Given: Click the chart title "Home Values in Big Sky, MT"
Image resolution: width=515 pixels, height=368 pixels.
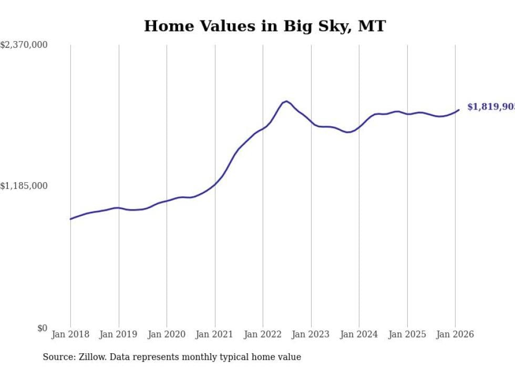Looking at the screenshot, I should pos(264,26).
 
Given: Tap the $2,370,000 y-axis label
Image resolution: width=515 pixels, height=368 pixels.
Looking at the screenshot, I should pos(24,45).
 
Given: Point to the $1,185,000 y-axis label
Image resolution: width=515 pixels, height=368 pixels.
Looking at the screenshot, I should pos(24,186).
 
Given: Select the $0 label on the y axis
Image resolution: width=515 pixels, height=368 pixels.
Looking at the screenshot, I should pos(42,328).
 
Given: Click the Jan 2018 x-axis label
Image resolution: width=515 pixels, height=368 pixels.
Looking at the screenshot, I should pos(70,335).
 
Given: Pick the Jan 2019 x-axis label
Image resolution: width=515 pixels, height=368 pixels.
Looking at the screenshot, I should pos(118,335).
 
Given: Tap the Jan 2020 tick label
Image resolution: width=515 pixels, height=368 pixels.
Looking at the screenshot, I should pos(167,335).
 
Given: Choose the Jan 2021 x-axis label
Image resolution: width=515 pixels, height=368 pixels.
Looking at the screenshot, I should pos(214,335).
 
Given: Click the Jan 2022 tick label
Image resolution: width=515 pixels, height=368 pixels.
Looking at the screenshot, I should pos(263,335).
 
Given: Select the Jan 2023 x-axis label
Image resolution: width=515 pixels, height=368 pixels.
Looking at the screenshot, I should pos(311,335).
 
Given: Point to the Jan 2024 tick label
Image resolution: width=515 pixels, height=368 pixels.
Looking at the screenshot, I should pos(359,335).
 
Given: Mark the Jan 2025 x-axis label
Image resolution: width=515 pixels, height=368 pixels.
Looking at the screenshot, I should pos(407,335).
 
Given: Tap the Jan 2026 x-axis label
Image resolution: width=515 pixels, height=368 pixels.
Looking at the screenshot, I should pos(455,335).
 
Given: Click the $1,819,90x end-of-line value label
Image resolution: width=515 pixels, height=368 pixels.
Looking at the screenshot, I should pos(491,107).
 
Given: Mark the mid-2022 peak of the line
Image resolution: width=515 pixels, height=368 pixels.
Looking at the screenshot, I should pos(286,101).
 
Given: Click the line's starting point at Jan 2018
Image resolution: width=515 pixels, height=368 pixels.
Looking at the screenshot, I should pos(70,219).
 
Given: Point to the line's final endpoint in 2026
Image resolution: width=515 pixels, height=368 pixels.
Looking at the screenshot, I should pos(459,110).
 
